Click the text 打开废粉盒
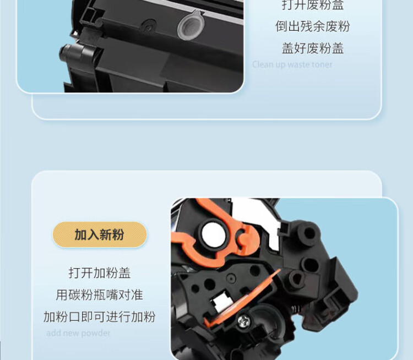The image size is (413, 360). (312, 6)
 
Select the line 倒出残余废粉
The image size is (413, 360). (312, 26)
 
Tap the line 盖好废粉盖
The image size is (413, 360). (312, 48)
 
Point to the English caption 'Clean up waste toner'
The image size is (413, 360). (292, 64)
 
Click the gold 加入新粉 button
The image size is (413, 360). (100, 235)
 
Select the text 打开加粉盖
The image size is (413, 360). (100, 273)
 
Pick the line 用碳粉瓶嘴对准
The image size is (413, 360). (100, 295)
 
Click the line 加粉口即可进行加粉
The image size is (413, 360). (100, 317)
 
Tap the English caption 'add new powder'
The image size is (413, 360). (78, 333)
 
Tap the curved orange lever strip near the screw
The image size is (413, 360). (242, 297)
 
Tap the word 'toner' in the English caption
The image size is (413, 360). (322, 64)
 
